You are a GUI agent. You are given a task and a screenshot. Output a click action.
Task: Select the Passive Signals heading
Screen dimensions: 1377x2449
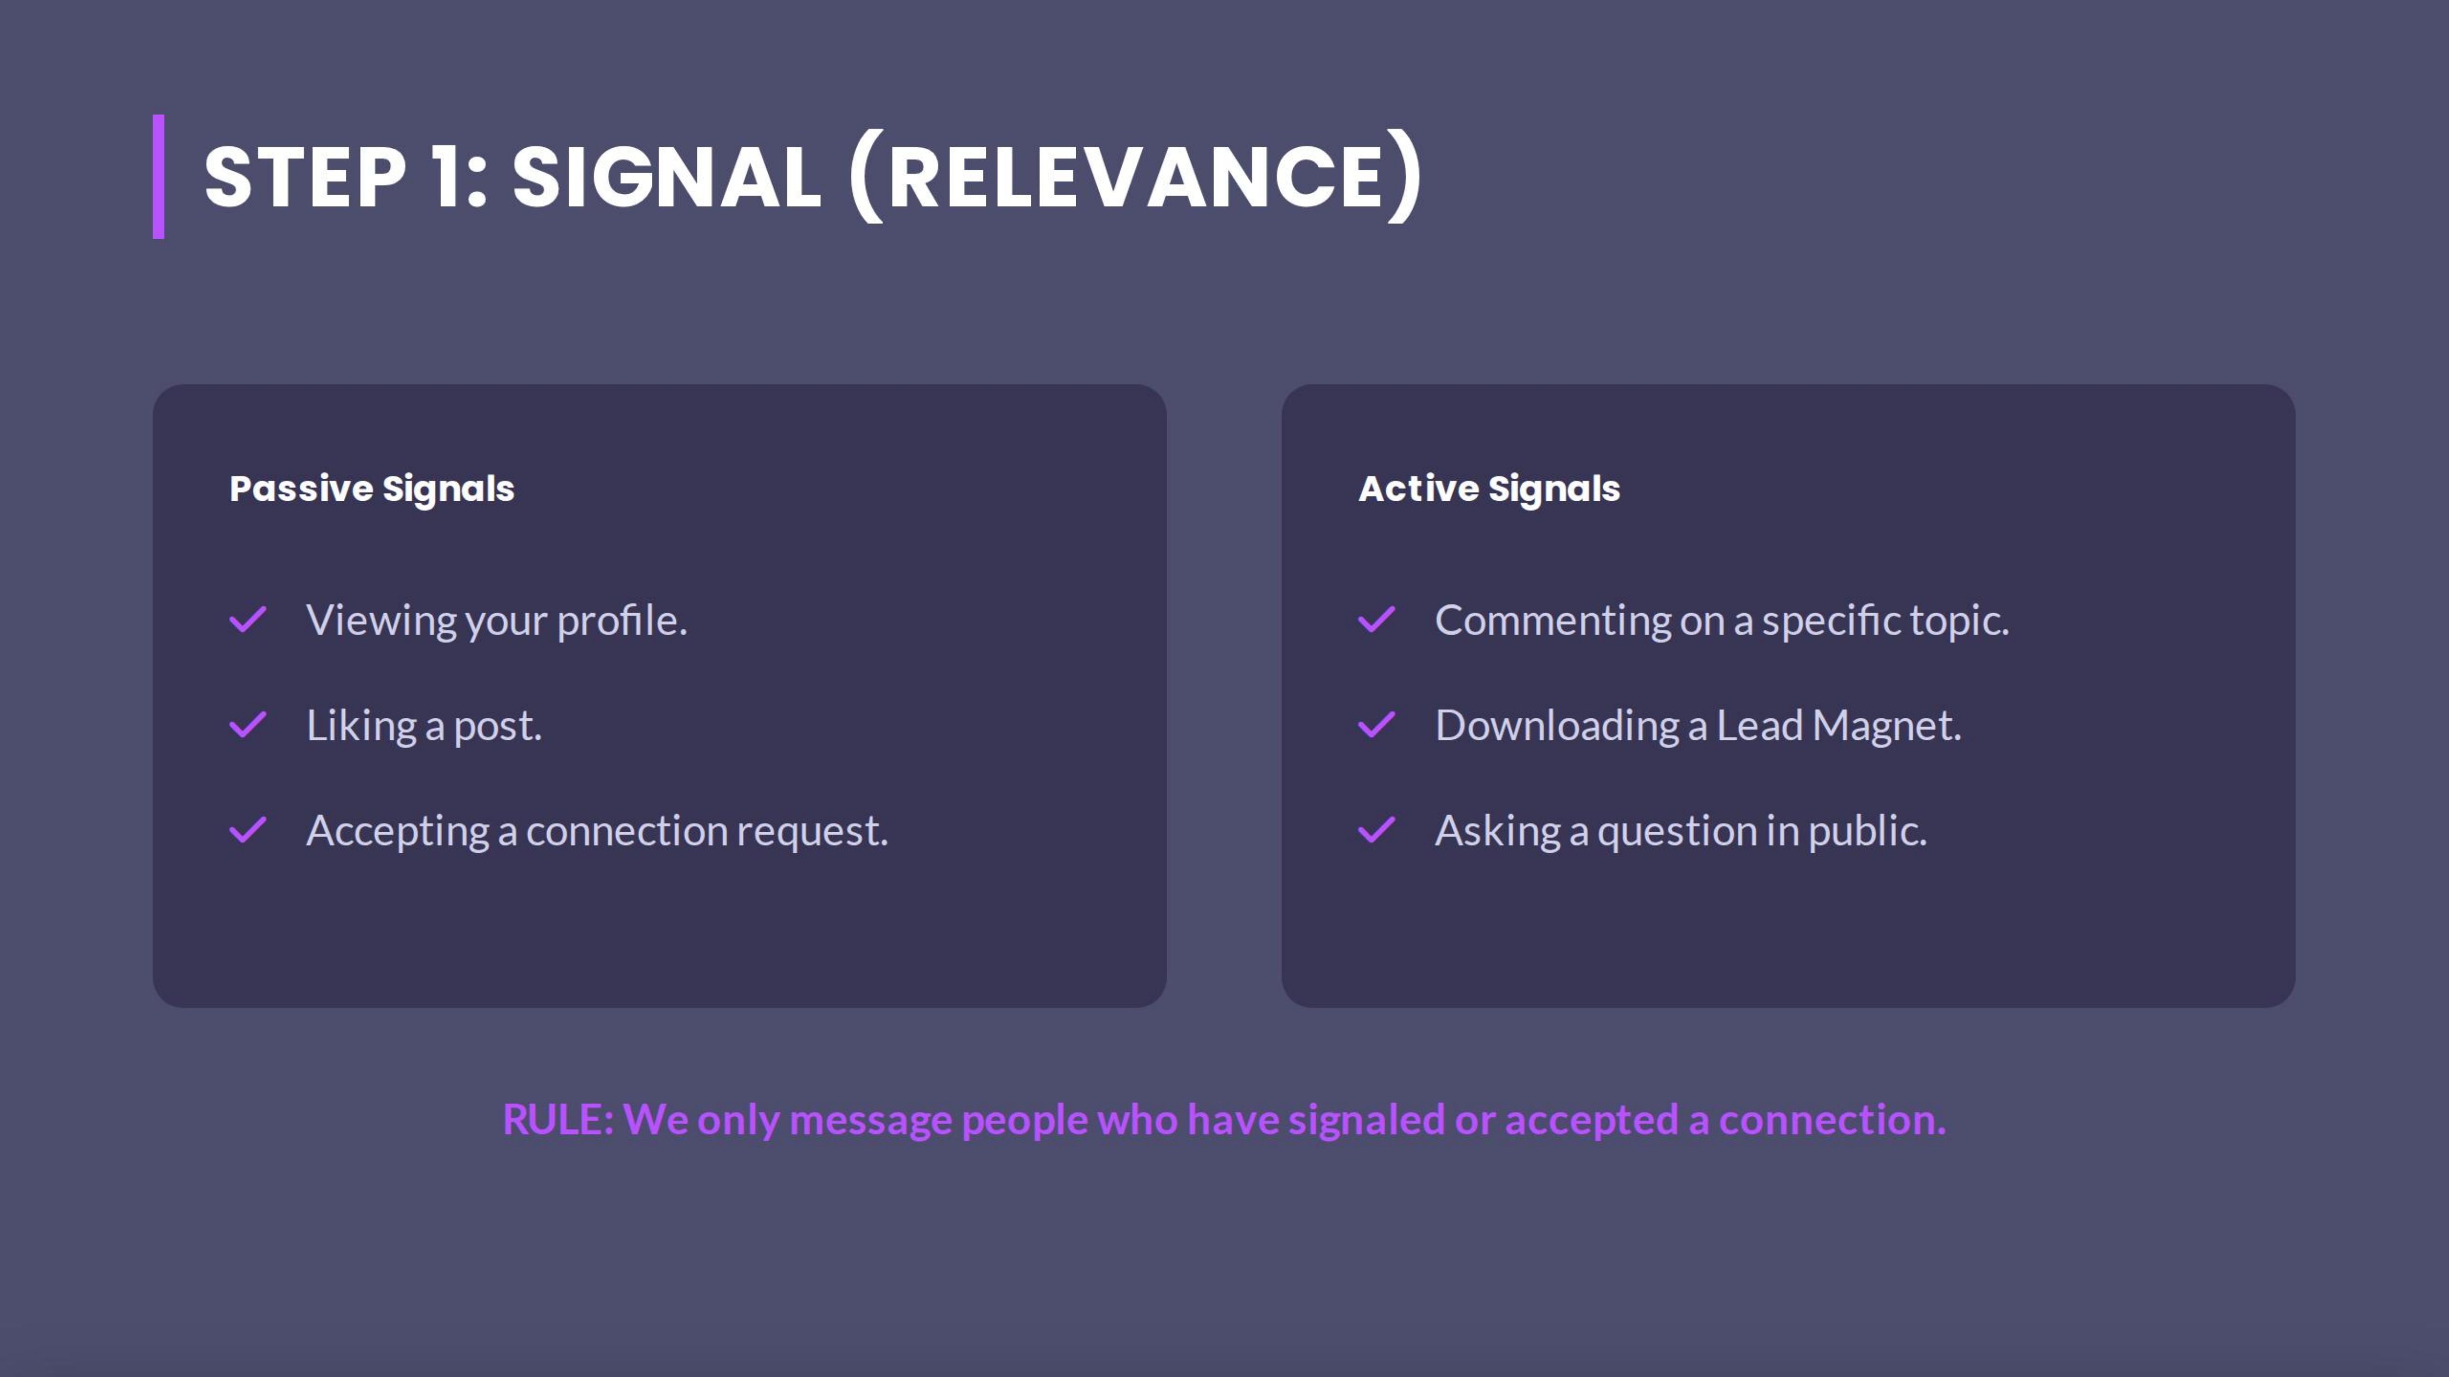372,488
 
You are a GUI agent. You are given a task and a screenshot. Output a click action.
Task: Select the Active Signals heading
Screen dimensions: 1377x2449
1489,488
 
